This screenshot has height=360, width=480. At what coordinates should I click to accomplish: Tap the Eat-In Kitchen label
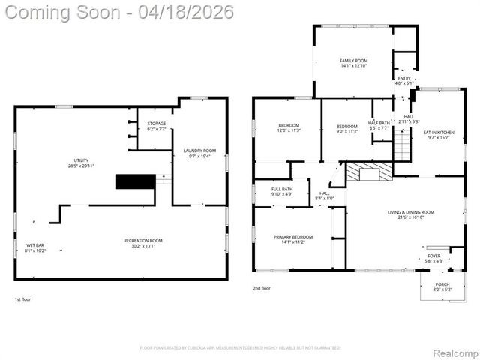coord(442,133)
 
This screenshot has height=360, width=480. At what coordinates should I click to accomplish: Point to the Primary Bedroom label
coord(292,239)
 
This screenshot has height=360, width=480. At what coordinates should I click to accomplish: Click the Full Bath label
coord(282,191)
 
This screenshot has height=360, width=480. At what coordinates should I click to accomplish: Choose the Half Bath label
coord(379,125)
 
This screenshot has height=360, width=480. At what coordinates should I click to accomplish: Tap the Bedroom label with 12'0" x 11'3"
coord(289,127)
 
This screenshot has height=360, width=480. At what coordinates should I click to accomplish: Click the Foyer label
coord(434,258)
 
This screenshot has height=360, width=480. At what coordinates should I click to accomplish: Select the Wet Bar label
coord(35,247)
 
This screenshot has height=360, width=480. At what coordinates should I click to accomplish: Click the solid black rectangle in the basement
coord(135,182)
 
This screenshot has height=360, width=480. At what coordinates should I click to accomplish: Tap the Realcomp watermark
coord(452,351)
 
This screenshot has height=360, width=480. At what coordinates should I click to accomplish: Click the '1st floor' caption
coord(23,299)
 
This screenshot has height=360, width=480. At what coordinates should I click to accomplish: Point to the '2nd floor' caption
coord(262,288)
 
